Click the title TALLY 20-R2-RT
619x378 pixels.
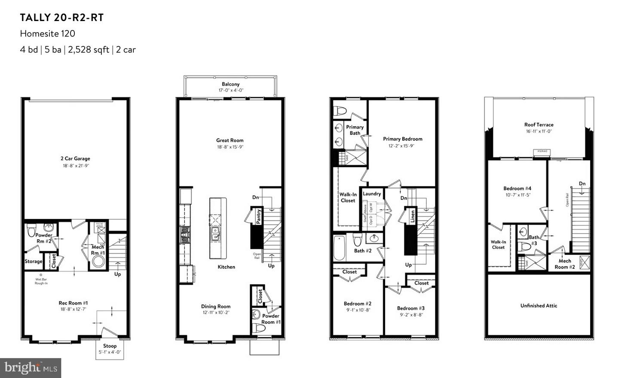62,18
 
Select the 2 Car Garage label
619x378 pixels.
75,159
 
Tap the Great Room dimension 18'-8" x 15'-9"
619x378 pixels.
230,147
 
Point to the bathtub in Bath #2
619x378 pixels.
339,248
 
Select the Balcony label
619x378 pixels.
230,84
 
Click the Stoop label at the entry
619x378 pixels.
110,346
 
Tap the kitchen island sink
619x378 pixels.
215,234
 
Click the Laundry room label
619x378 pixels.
372,194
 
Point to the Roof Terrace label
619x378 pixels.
539,125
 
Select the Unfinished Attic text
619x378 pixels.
539,306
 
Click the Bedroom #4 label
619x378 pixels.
517,188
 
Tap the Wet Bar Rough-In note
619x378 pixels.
41,281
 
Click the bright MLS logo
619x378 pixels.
31,368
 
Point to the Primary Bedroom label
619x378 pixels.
402,139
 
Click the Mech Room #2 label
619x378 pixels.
564,264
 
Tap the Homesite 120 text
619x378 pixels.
47,34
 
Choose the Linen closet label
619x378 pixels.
412,216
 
